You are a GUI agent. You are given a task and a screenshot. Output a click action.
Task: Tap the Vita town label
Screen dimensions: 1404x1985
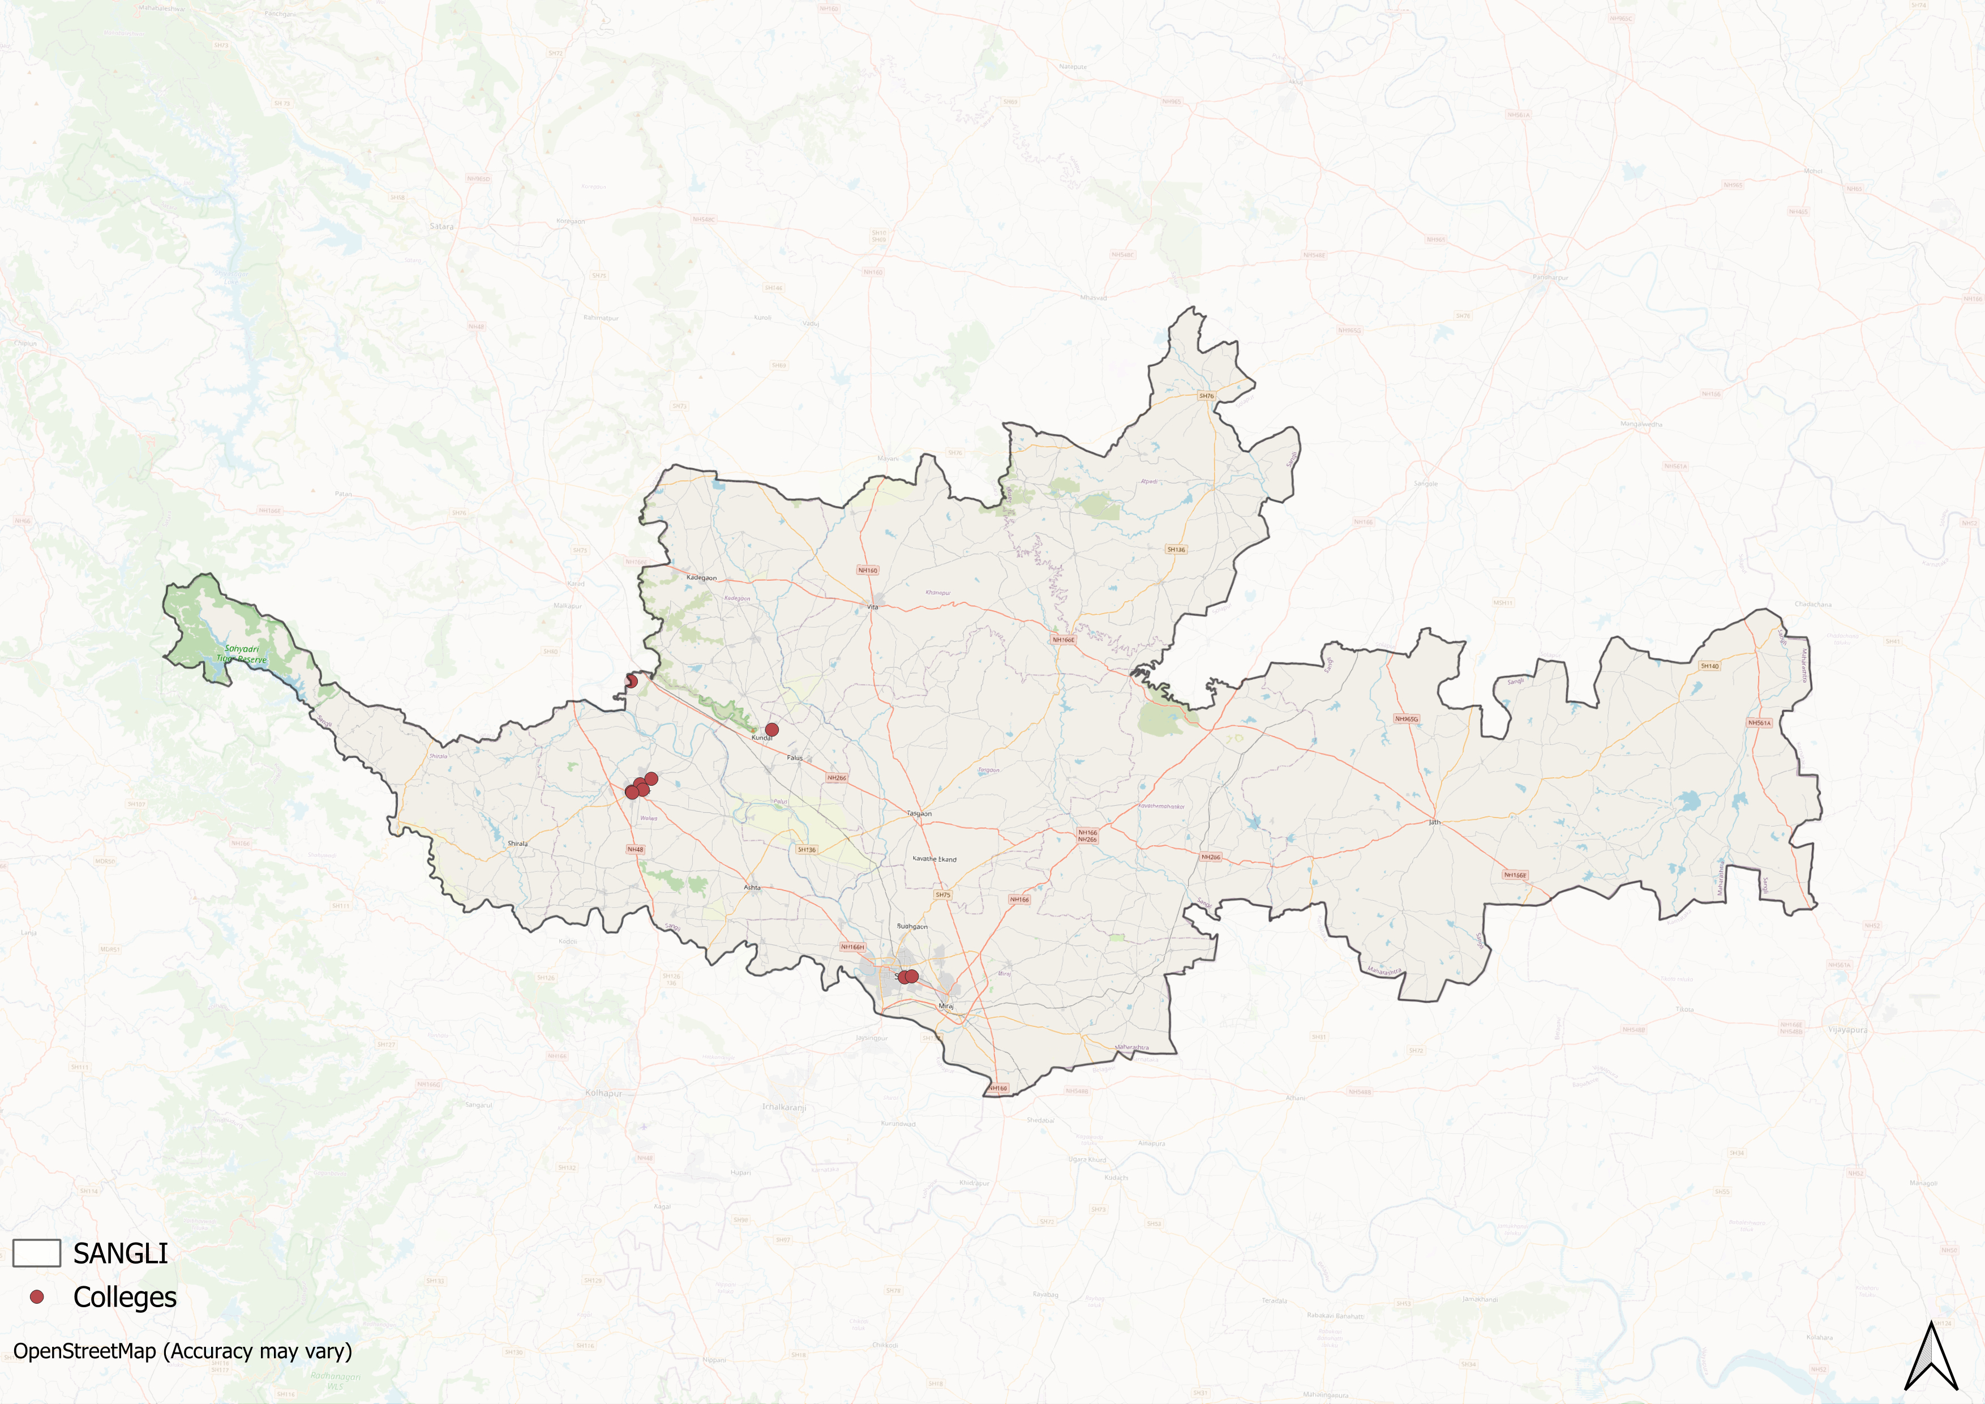(x=872, y=607)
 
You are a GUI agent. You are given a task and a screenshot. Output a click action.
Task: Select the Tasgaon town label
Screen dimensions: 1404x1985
(x=919, y=814)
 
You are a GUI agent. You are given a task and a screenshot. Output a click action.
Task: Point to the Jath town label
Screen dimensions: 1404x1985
(x=1434, y=822)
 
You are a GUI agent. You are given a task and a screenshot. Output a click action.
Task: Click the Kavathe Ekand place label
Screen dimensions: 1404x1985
(x=934, y=859)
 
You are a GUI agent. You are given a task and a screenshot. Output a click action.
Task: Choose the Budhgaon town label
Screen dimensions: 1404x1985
(x=912, y=926)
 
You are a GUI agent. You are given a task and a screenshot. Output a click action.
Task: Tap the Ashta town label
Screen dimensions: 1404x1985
(x=752, y=887)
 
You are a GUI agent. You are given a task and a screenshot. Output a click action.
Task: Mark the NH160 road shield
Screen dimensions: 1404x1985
(x=867, y=571)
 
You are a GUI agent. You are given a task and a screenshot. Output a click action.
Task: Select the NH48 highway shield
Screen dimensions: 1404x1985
(x=636, y=850)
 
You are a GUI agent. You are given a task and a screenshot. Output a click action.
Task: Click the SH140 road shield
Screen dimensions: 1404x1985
(x=1709, y=666)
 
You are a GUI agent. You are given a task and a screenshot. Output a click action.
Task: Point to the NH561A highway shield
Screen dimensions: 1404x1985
(x=1759, y=723)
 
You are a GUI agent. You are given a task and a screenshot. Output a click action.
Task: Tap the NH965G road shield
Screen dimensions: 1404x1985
(x=1407, y=718)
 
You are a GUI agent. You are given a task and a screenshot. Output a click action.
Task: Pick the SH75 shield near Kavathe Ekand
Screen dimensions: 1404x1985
(x=942, y=895)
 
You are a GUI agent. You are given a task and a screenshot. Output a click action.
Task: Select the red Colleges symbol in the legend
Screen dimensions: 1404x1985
(x=36, y=1297)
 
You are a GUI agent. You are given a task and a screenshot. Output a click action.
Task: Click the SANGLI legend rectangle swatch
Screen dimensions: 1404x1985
(x=36, y=1253)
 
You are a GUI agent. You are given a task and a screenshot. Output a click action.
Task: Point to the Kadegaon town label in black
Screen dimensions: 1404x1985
(x=701, y=577)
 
